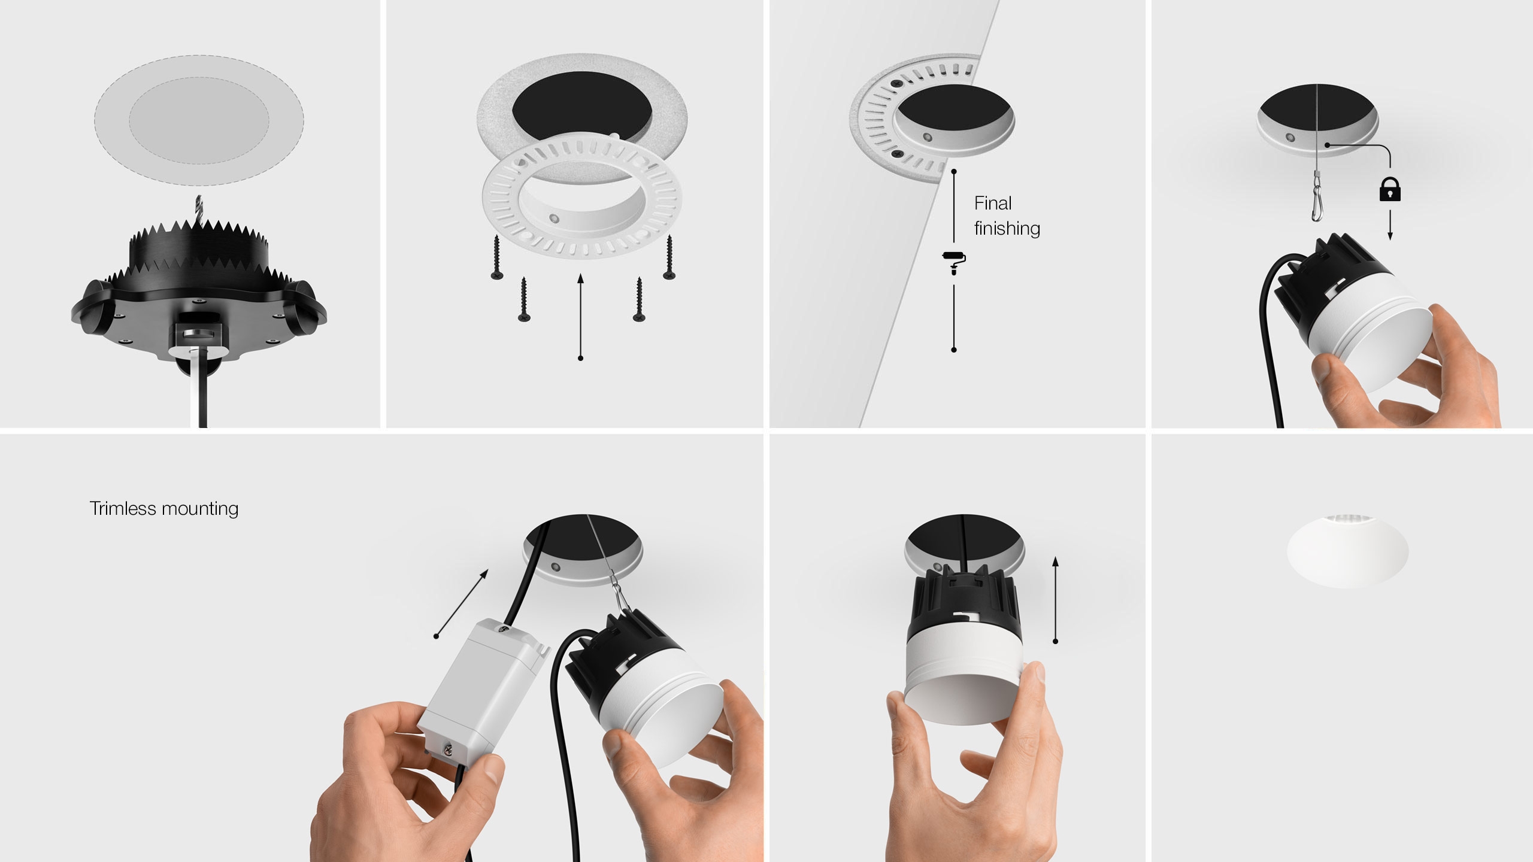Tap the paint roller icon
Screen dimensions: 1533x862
click(954, 262)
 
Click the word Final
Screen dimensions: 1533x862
click(993, 203)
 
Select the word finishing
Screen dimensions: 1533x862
click(1007, 229)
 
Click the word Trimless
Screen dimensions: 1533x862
click(123, 508)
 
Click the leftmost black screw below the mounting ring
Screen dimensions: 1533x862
click(496, 257)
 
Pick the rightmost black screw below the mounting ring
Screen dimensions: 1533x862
click(669, 257)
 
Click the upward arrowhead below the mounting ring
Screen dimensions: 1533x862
click(580, 278)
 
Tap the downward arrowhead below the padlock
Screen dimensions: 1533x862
click(1390, 236)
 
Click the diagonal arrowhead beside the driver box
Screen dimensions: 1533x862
click(484, 574)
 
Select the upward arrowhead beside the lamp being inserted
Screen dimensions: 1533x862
click(1055, 561)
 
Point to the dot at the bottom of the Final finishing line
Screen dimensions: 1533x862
click(954, 350)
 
